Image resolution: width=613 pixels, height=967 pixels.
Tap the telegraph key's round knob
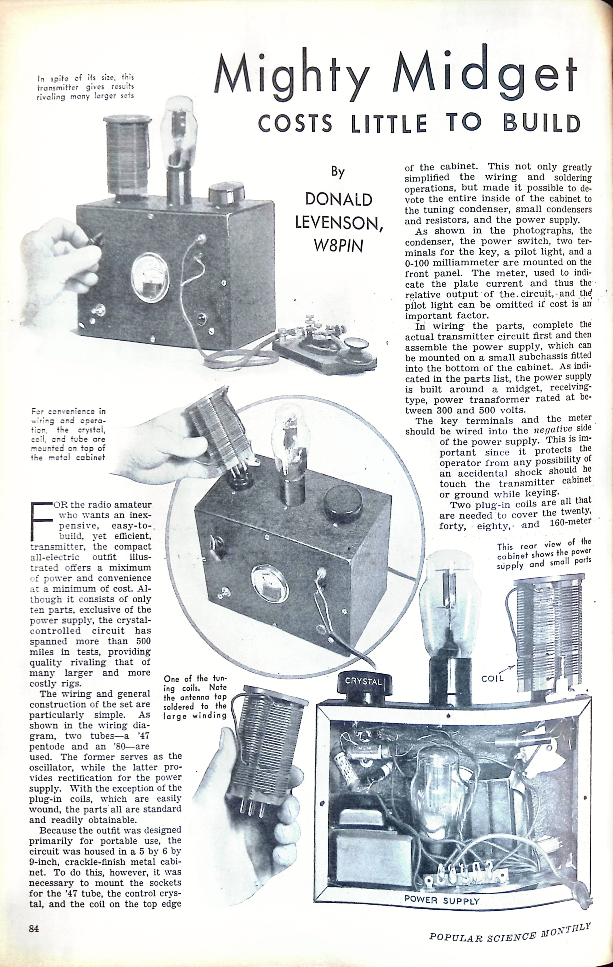point(358,344)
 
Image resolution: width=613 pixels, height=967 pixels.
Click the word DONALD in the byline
point(338,199)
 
